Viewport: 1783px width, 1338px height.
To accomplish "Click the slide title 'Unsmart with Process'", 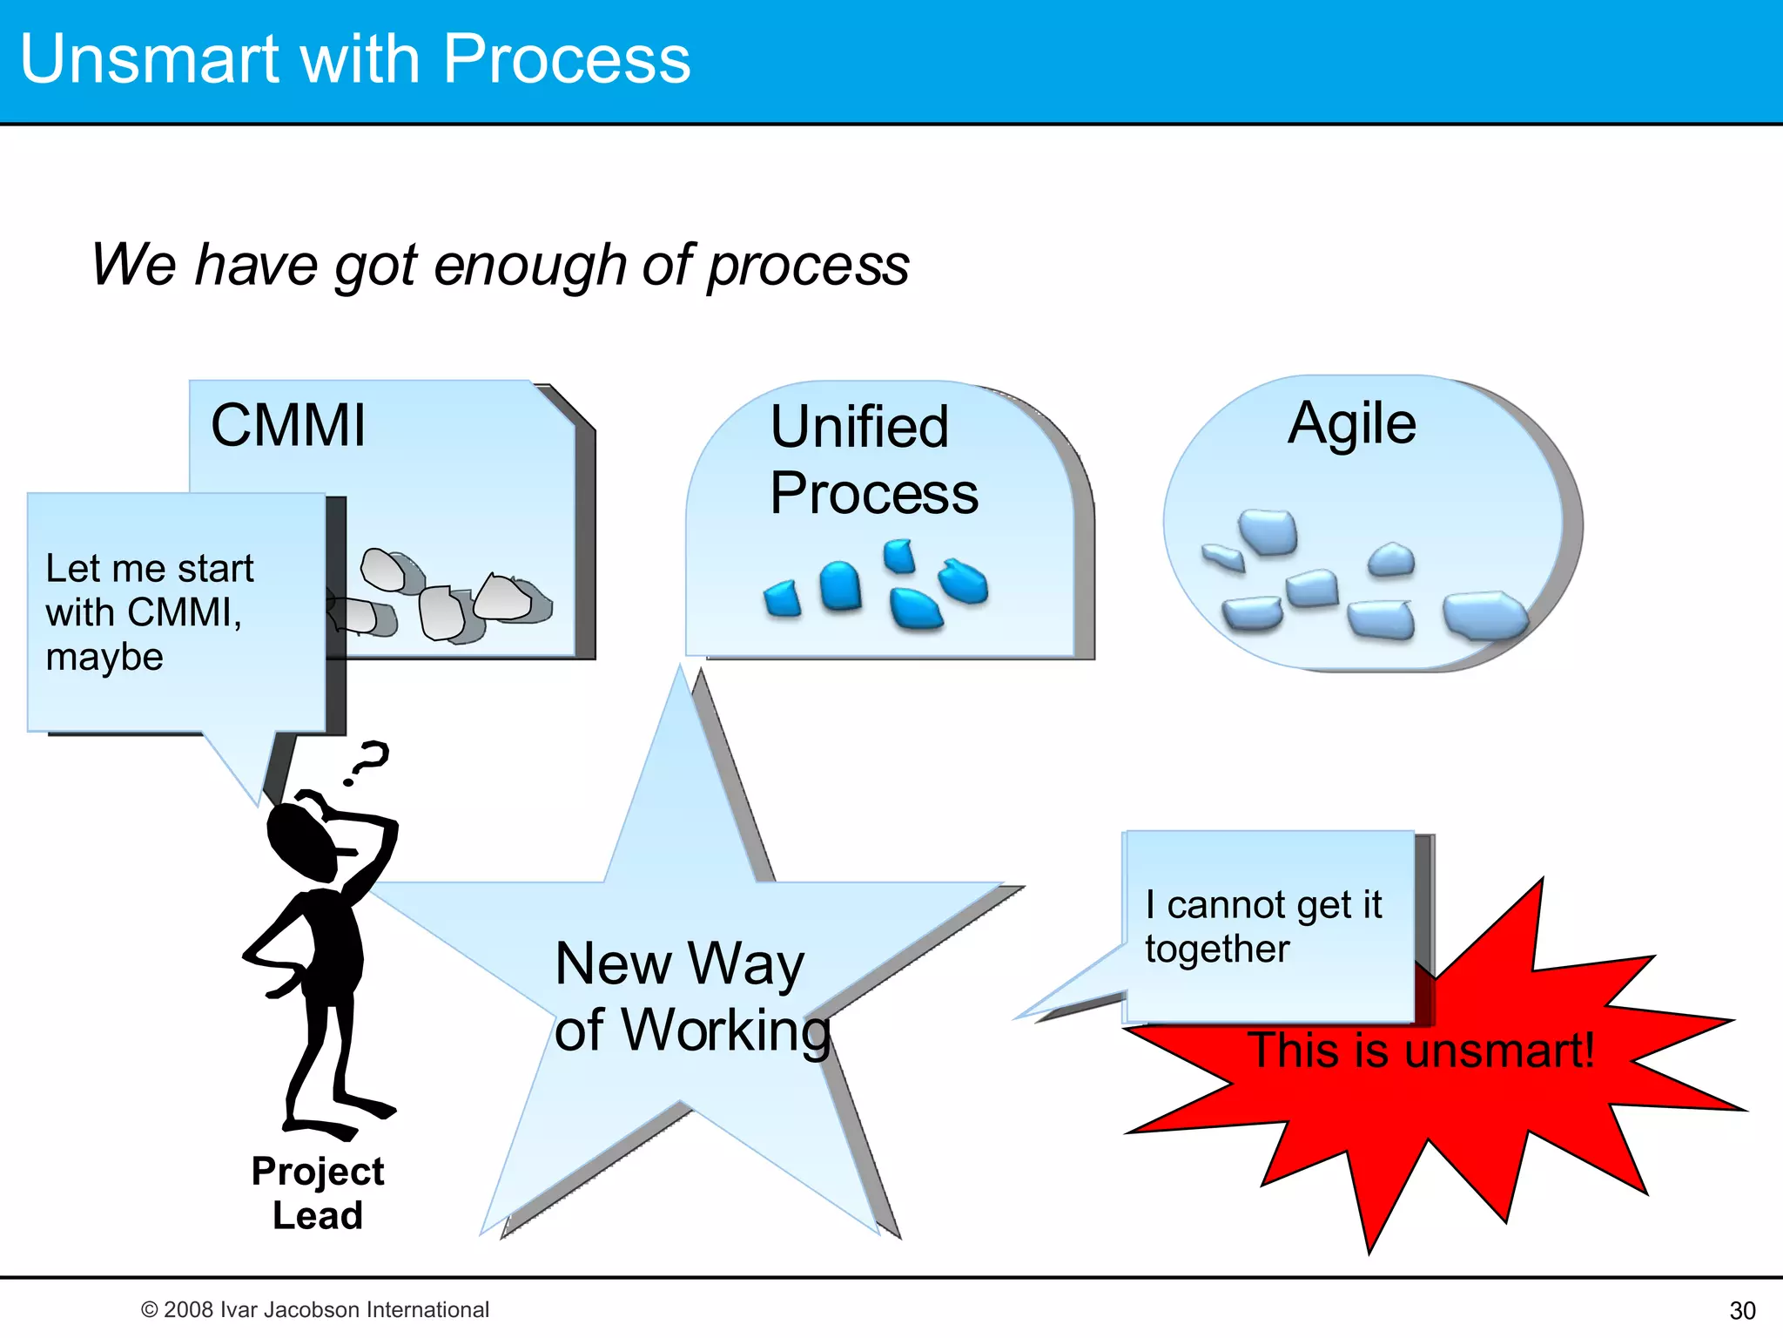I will point(354,59).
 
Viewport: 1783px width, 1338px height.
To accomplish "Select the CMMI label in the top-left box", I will point(288,426).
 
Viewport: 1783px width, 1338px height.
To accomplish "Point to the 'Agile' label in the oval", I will point(1352,423).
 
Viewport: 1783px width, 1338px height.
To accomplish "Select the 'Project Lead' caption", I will point(318,1193).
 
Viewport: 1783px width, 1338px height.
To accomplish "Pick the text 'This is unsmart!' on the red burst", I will point(1421,1051).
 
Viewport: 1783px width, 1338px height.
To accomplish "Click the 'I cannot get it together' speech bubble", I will point(1262,927).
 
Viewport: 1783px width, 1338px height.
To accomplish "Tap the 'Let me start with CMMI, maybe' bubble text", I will point(148,612).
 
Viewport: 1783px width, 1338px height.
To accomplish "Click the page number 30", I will point(1742,1310).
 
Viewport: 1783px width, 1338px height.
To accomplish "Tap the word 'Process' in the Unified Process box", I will point(874,494).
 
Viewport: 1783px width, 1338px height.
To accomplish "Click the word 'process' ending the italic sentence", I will point(808,266).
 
